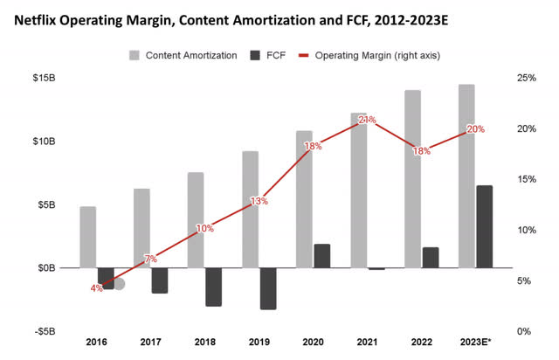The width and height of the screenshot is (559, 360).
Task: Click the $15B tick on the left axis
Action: [x=48, y=79]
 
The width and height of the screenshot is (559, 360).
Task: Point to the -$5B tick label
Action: [x=48, y=332]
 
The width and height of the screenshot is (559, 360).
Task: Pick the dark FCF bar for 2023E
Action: [x=484, y=226]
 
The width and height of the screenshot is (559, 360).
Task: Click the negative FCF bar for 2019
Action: [x=267, y=288]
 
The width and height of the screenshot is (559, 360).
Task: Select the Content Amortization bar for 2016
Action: [x=87, y=237]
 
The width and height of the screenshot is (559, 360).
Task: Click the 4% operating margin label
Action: [x=96, y=287]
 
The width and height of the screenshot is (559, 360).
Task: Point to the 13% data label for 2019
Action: [x=259, y=201]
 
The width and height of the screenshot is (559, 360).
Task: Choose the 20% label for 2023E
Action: [x=475, y=129]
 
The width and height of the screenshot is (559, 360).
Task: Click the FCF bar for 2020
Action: [x=321, y=256]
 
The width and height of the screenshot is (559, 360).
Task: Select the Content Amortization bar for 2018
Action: [x=196, y=220]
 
